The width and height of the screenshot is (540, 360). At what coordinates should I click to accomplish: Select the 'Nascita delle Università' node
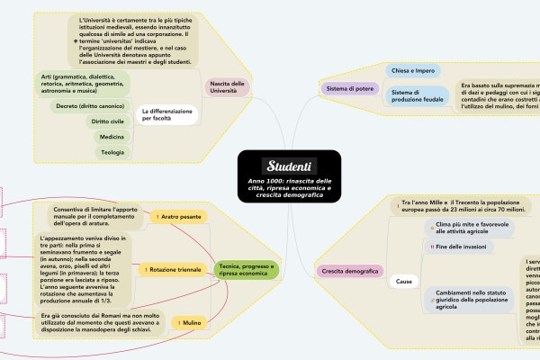(227, 87)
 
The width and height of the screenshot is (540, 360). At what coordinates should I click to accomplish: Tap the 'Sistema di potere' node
(349, 88)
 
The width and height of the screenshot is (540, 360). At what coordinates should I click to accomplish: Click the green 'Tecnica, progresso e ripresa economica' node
(247, 269)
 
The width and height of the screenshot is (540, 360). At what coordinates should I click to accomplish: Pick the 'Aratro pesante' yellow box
(180, 217)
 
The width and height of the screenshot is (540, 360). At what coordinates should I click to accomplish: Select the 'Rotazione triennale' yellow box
(174, 269)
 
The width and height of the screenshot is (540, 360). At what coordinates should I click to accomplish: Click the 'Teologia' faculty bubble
(112, 152)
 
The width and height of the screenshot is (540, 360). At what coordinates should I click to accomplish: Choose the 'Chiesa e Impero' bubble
(413, 70)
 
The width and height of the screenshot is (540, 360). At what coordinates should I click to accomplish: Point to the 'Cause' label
(404, 283)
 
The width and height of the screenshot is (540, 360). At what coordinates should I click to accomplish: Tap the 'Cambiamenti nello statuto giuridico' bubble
(470, 300)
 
